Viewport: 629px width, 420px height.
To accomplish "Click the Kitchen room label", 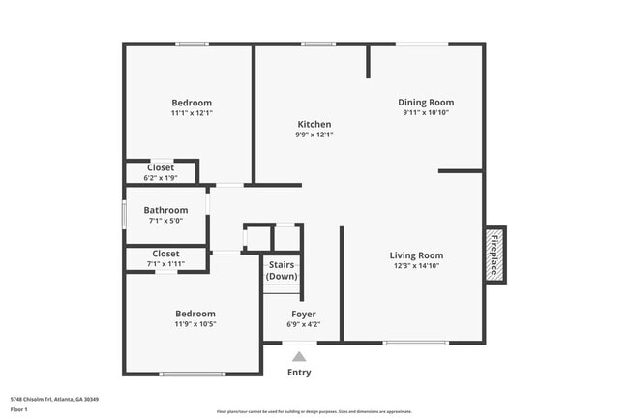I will (x=314, y=124).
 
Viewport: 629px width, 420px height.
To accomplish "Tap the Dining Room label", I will (x=426, y=102).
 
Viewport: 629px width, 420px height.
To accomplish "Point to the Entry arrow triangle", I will (x=300, y=357).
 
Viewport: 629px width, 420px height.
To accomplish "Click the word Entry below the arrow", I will (x=300, y=373).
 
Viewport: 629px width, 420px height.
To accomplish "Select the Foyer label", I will (x=304, y=315).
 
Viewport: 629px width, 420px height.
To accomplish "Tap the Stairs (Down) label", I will (x=282, y=270).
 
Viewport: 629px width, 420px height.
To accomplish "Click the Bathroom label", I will (x=165, y=210).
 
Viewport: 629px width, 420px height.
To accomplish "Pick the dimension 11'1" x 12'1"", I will (x=192, y=113).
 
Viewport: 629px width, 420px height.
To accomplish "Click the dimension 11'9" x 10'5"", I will (x=195, y=324).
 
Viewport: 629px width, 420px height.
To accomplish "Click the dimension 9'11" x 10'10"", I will (x=426, y=112).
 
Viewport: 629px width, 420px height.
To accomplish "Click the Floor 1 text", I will (x=19, y=409).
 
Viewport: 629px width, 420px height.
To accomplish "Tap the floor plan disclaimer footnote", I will (x=314, y=411).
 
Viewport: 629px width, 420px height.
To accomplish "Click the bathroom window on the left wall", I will (x=124, y=214).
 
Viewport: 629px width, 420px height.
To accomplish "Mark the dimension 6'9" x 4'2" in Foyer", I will (x=304, y=325).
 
